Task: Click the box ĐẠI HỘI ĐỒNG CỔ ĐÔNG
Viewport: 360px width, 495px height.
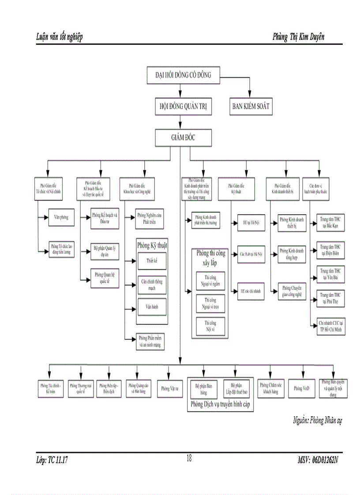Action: point(180,75)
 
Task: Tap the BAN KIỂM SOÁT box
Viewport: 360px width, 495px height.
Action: point(251,106)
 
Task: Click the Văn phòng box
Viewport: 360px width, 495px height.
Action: point(61,217)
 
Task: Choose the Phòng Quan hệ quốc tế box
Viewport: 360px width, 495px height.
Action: point(105,278)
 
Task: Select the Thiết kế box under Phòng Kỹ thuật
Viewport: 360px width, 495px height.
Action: point(152,261)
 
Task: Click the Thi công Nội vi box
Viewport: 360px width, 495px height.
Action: point(210,326)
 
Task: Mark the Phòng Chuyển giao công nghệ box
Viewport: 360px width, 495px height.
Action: point(292,292)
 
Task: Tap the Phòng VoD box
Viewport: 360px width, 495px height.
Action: point(302,388)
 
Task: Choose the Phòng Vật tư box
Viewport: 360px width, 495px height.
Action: point(169,388)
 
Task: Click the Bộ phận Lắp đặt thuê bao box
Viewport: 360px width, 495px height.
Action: point(236,388)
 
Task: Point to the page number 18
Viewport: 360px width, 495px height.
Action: point(189,458)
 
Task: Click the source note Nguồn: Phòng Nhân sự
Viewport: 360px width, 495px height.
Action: point(317,420)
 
